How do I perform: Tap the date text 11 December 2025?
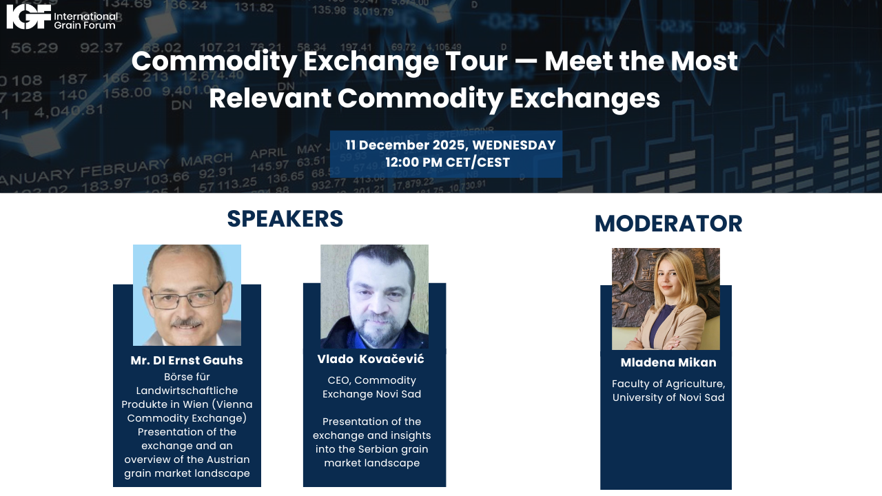click(x=406, y=145)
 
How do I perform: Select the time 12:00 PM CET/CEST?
click(x=447, y=163)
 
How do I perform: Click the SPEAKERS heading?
click(x=285, y=218)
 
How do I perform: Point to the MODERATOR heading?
click(x=668, y=224)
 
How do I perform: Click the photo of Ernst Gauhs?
click(x=187, y=295)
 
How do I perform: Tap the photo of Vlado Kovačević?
click(x=374, y=296)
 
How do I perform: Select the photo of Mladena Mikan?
click(x=666, y=299)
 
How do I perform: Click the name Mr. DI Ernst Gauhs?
click(x=187, y=361)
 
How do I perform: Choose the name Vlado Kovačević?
click(x=371, y=360)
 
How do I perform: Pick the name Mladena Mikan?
click(x=668, y=363)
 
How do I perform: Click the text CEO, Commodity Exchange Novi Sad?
click(x=372, y=387)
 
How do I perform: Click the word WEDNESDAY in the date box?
click(x=513, y=145)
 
